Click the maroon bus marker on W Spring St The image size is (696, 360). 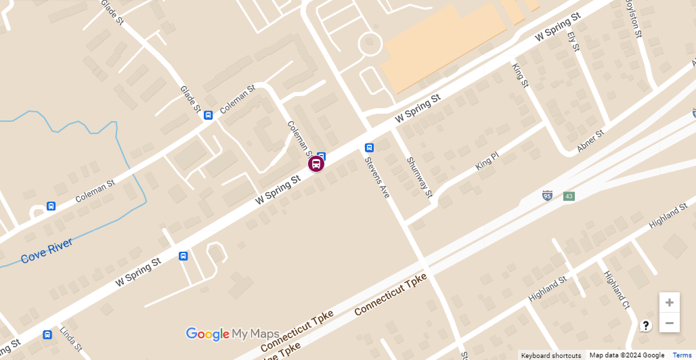[316, 164]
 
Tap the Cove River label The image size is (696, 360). [46, 251]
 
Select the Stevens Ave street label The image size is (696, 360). [377, 177]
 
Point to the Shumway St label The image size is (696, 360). [419, 177]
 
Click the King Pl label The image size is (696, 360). [487, 160]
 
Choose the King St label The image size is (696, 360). [519, 75]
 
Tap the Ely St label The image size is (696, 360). [574, 41]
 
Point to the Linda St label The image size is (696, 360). [70, 340]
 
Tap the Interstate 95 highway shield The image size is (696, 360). [547, 196]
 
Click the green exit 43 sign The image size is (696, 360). [569, 196]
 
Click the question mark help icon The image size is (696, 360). [646, 325]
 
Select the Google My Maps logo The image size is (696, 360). [232, 334]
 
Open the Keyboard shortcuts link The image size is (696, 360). [550, 355]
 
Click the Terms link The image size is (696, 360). [682, 355]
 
